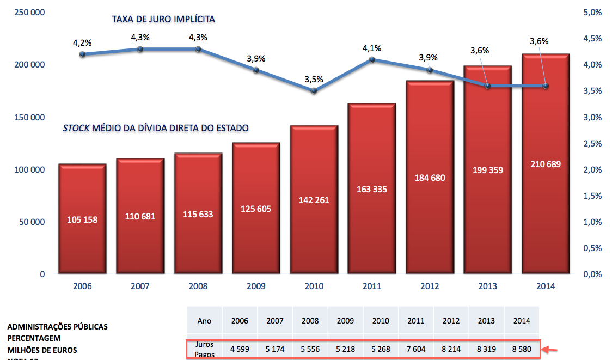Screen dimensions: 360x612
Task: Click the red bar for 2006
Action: (x=82, y=218)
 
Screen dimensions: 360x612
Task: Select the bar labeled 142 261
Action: (x=314, y=199)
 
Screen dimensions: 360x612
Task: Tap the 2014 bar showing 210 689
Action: (x=545, y=163)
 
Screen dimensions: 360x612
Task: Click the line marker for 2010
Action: (x=314, y=90)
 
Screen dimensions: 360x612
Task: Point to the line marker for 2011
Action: (x=372, y=59)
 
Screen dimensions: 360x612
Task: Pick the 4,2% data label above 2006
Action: (x=82, y=42)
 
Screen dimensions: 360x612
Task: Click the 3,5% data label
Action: (x=314, y=79)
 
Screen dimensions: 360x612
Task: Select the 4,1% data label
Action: (x=372, y=47)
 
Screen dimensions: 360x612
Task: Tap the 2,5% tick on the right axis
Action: (x=593, y=143)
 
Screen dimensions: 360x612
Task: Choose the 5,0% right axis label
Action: (x=593, y=13)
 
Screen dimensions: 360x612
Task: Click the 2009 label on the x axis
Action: (x=256, y=286)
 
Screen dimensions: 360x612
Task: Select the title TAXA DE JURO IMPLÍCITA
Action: (x=163, y=20)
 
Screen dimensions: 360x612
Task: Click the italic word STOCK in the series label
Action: (x=76, y=128)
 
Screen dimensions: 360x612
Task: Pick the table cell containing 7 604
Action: (x=416, y=349)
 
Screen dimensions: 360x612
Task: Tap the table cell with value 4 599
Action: (x=240, y=349)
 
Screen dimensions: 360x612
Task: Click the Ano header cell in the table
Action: (x=204, y=321)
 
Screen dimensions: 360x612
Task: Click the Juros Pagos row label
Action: (x=204, y=349)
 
